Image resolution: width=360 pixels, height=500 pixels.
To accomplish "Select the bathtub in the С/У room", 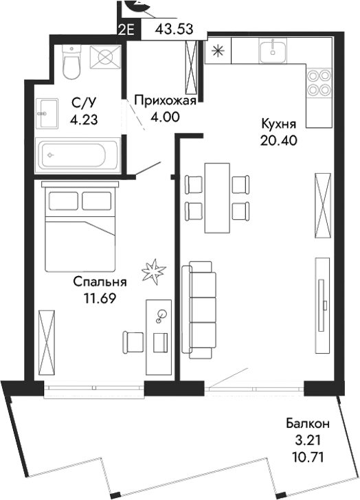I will tap(79, 155).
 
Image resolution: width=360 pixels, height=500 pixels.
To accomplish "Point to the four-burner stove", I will tap(317, 82).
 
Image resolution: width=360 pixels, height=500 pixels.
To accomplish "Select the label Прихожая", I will tap(165, 102).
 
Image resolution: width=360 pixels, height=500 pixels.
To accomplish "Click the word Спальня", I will tap(100, 282).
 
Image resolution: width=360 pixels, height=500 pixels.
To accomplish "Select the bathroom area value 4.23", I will tap(85, 118).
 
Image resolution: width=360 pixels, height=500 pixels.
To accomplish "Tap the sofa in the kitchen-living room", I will tap(199, 309).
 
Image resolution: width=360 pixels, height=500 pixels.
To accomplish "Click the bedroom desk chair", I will tap(133, 341).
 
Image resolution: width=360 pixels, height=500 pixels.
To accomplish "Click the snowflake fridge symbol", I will tap(218, 49).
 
